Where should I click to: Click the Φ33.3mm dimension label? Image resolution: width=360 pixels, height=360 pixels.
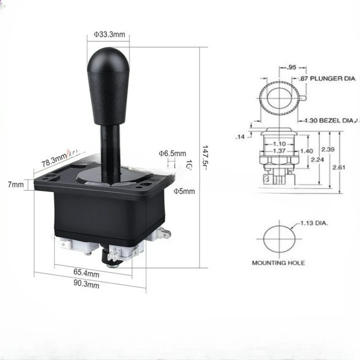pos(109,34)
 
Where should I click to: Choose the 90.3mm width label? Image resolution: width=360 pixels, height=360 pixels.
pos(86,285)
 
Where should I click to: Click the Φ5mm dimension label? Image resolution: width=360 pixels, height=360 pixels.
pos(184,191)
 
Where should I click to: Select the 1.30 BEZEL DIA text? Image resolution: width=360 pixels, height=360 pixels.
pos(331,121)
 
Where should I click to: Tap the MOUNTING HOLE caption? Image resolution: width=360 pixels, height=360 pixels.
pos(278,263)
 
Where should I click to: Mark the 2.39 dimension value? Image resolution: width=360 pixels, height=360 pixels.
pos(328,149)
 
